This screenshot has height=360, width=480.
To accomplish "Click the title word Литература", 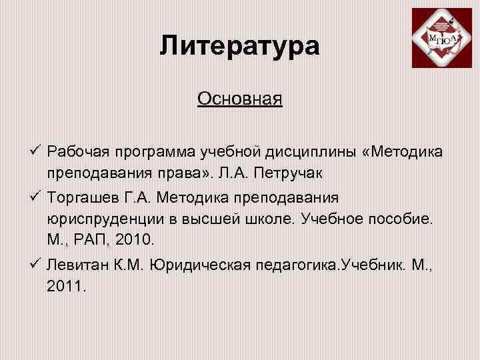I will point(239,46).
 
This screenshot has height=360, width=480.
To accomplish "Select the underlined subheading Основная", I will point(240,99).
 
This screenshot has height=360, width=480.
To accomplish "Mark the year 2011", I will point(65,286).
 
